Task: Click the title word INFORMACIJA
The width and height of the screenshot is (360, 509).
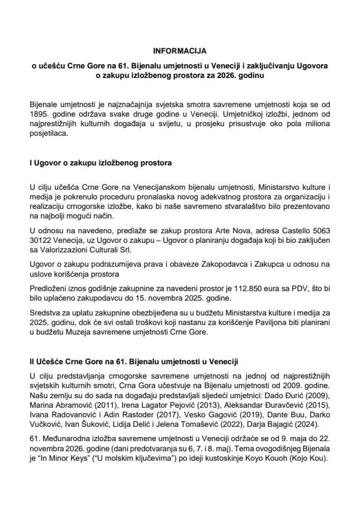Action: point(180,51)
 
